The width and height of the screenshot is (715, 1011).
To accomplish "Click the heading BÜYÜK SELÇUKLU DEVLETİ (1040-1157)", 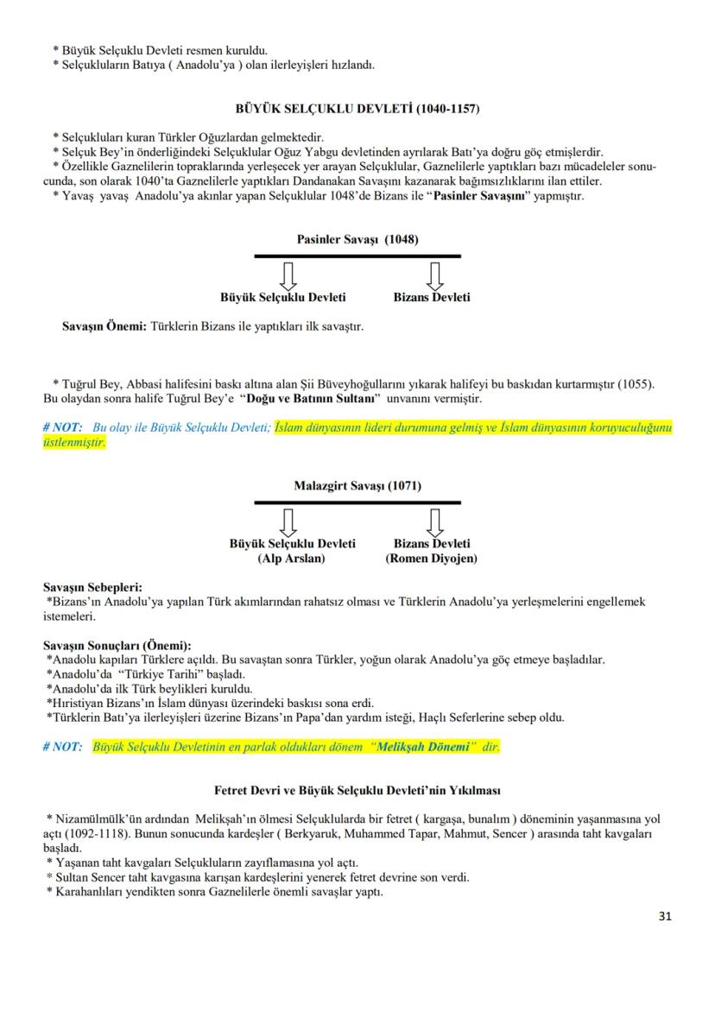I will pyautogui.click(x=357, y=109).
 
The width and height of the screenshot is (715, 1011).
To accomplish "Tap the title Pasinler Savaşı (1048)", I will pyautogui.click(x=357, y=240).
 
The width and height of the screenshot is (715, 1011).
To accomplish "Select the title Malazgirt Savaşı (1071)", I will pyautogui.click(x=357, y=486).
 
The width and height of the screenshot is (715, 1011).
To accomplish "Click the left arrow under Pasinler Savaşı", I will pyautogui.click(x=289, y=275).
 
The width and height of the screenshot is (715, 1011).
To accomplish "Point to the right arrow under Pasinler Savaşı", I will pyautogui.click(x=435, y=275).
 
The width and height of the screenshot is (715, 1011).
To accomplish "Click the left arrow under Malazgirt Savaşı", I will pyautogui.click(x=289, y=521).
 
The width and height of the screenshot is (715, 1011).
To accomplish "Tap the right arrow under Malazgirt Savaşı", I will pyautogui.click(x=435, y=521).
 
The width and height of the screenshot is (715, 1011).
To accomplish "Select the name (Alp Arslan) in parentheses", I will pyautogui.click(x=292, y=558).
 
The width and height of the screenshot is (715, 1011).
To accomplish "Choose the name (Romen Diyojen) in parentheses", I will pyautogui.click(x=432, y=558).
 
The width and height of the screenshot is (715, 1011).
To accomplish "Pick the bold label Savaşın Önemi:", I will pyautogui.click(x=104, y=327).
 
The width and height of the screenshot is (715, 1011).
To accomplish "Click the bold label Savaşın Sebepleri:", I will pyautogui.click(x=92, y=587).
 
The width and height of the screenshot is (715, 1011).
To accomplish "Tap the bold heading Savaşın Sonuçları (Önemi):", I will pyautogui.click(x=117, y=645).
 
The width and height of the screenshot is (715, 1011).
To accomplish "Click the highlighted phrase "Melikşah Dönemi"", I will pyautogui.click(x=422, y=746).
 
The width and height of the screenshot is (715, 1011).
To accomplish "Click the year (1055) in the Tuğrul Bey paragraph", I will pyautogui.click(x=637, y=382).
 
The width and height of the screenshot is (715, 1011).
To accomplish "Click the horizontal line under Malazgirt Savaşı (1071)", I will pyautogui.click(x=357, y=502).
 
